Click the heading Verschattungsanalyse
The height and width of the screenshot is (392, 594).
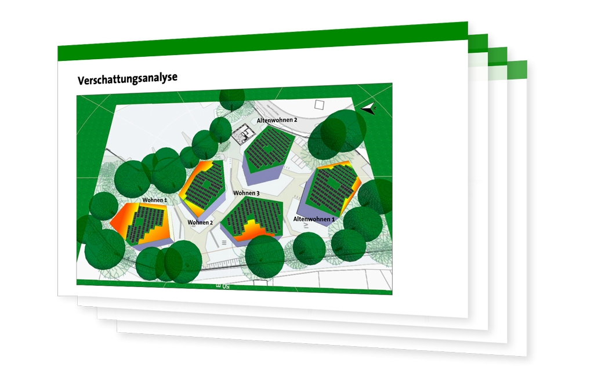click(x=127, y=79)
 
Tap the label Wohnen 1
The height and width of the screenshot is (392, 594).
click(x=154, y=200)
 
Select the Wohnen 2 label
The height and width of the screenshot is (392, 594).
click(x=200, y=222)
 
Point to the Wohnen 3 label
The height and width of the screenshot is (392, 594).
click(x=246, y=193)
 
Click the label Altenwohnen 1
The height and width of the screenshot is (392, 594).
click(x=314, y=219)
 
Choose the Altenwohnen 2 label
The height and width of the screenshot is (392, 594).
click(x=277, y=120)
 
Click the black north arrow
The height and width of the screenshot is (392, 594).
click(x=368, y=108)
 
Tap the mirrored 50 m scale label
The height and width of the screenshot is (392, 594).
click(x=223, y=285)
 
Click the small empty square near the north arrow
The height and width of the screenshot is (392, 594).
click(x=320, y=104)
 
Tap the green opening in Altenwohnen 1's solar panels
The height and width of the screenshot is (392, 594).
click(x=334, y=184)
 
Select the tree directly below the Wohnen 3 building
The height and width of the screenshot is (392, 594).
click(x=265, y=255)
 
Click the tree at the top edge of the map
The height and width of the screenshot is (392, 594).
click(x=232, y=100)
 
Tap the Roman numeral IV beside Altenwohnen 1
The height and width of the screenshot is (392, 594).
click(x=306, y=226)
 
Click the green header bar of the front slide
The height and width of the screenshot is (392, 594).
click(x=263, y=41)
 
